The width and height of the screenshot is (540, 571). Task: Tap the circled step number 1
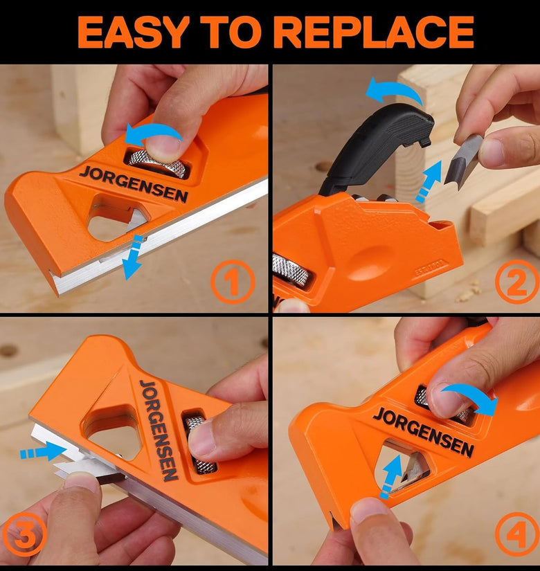[x=233, y=282]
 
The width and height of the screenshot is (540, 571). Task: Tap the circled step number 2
[x=516, y=282]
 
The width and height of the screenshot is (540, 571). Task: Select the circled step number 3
[x=24, y=535]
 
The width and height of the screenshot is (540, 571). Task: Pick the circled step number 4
[x=517, y=534]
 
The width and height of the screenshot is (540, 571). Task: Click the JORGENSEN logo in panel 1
[x=134, y=183]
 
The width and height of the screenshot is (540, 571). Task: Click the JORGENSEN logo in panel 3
[x=159, y=430]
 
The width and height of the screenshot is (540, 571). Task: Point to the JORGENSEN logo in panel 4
[x=423, y=431]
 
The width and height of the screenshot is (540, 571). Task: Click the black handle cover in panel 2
[x=375, y=145]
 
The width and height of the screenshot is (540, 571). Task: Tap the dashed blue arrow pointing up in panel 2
[x=429, y=181]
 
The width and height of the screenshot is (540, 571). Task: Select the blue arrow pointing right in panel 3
[x=44, y=451]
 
